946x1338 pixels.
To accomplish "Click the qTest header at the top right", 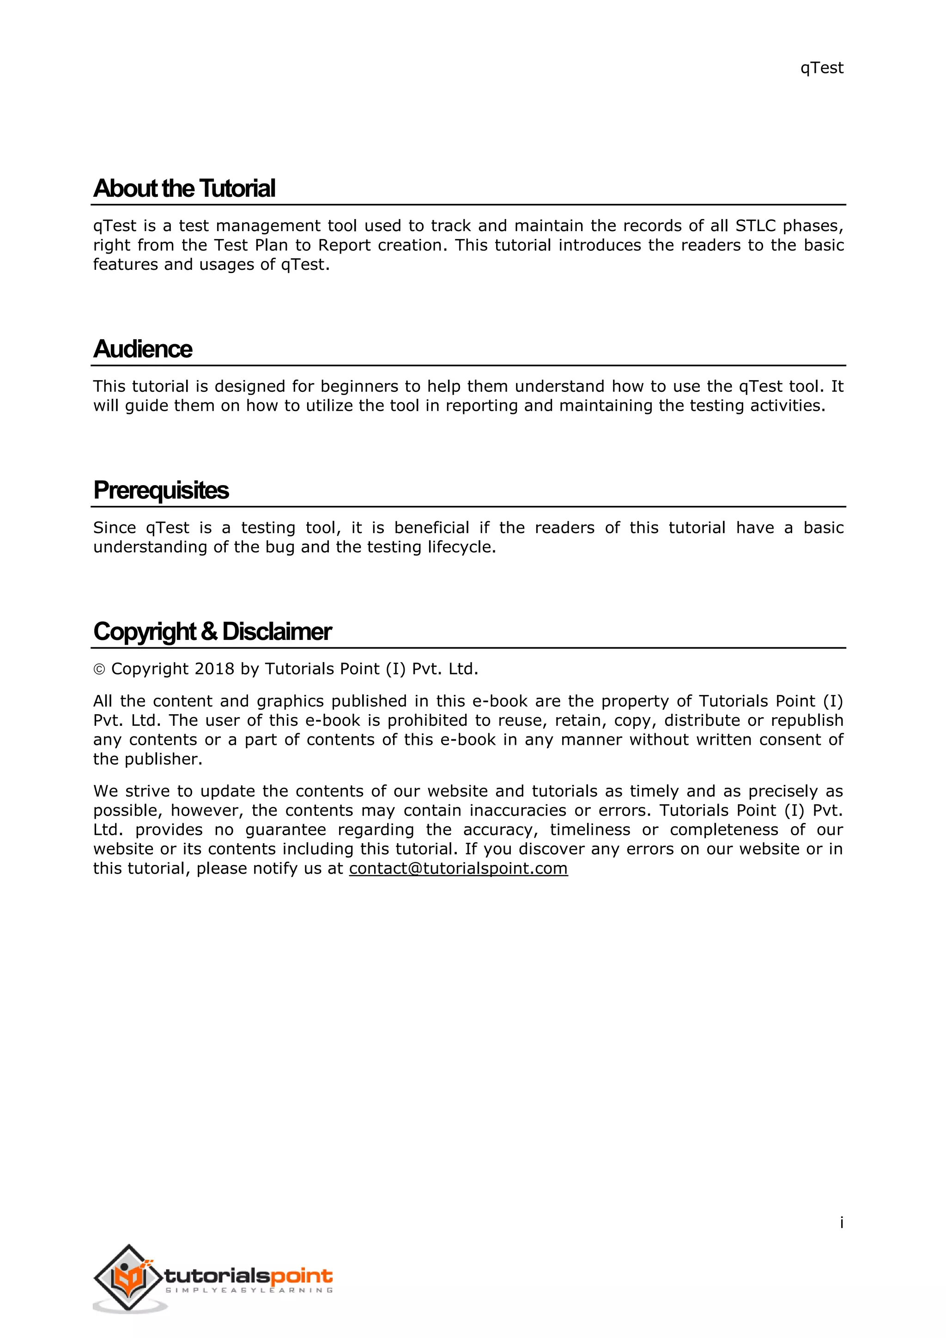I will tap(821, 68).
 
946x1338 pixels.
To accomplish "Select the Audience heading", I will tap(143, 349).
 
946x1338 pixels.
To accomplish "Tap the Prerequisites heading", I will tap(161, 490).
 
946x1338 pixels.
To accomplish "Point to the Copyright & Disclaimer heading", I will tap(212, 631).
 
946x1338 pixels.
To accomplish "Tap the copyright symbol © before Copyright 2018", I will tap(99, 669).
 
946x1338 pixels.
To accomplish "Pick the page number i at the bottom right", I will tap(841, 1222).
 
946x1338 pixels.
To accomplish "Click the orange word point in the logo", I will tap(302, 1276).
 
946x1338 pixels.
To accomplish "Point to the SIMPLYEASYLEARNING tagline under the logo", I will tap(249, 1290).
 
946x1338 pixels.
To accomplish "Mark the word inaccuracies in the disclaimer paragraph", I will tap(518, 811).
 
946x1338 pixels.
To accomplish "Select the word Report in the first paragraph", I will tap(344, 245).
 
